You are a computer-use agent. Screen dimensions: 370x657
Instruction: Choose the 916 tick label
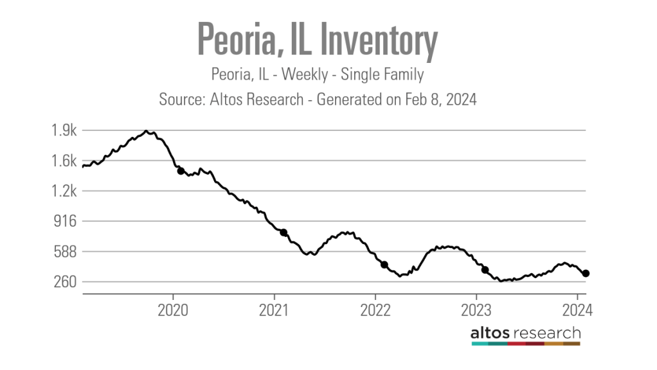pos(66,222)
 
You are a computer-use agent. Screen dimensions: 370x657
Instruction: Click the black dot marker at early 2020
pos(181,171)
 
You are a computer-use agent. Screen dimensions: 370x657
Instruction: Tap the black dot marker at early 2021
pos(283,233)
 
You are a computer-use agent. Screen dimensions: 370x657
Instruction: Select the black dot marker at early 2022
pos(384,265)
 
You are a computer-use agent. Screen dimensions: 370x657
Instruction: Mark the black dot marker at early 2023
pos(485,270)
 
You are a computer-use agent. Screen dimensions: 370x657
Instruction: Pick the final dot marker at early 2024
pos(586,274)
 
